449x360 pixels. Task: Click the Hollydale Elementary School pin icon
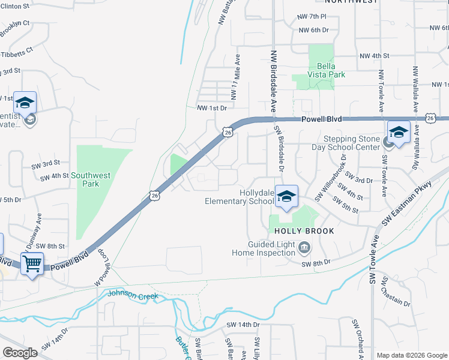(287, 197)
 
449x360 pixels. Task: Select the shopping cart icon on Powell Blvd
(32, 263)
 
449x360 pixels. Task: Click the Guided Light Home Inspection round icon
(304, 247)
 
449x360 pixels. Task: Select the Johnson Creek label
(133, 295)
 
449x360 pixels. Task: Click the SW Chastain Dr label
(398, 292)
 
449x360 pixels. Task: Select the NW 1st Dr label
(212, 108)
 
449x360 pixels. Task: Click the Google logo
(20, 352)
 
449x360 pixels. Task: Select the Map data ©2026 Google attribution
(411, 355)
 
